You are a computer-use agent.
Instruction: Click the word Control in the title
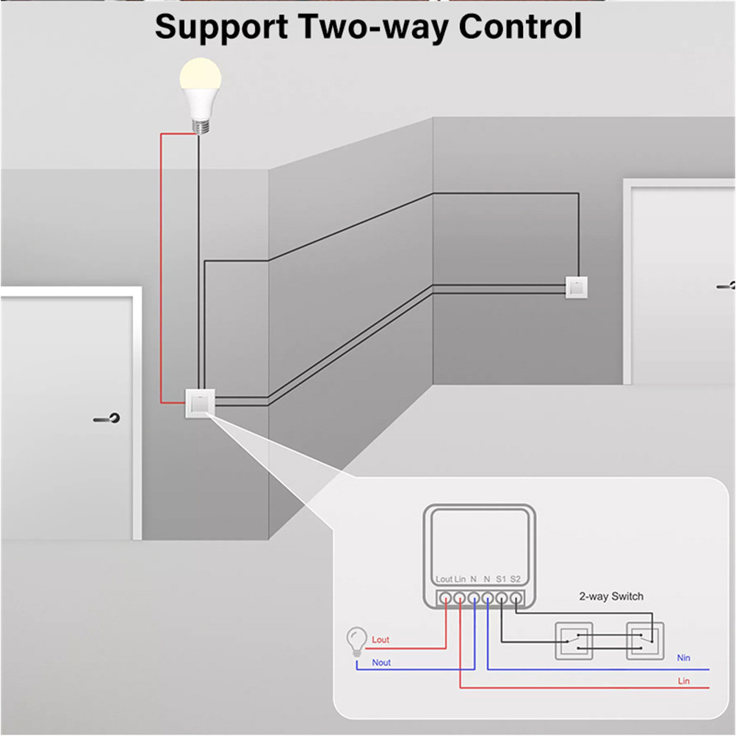point(520,27)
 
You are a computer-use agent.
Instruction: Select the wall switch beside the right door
point(576,286)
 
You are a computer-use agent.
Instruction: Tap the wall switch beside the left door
point(198,403)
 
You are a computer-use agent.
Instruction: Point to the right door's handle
point(726,285)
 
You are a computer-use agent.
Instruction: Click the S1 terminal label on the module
point(501,580)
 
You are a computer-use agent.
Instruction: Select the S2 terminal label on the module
point(515,580)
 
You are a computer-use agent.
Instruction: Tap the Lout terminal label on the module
point(444,580)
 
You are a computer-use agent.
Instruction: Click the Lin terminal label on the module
point(460,580)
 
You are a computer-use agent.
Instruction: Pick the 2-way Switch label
point(611,596)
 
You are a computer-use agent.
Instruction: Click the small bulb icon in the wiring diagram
point(357,640)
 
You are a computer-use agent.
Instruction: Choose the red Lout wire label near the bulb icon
point(380,640)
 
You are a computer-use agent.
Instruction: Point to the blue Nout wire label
point(381,663)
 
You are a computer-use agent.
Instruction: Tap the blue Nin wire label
point(683,658)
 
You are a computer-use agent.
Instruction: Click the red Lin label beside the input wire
point(683,682)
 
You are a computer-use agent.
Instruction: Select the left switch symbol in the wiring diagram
point(573,640)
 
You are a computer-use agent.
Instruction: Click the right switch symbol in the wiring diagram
point(645,640)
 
